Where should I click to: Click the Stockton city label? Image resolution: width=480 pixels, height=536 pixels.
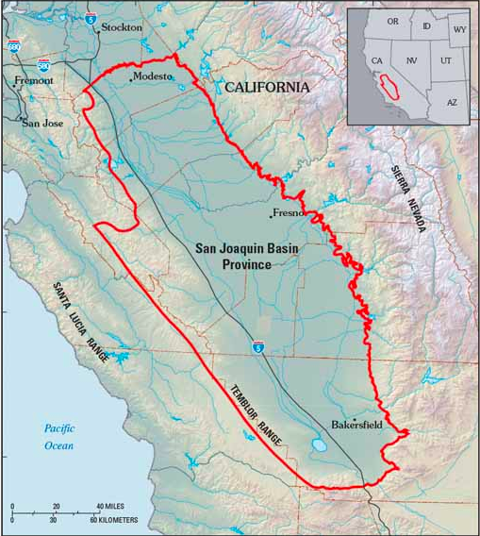(x=121, y=27)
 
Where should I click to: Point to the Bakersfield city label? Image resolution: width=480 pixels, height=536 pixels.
(x=357, y=425)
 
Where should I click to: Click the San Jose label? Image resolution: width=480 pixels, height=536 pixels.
(x=41, y=123)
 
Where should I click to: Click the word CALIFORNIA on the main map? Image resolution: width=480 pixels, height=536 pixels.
(x=267, y=87)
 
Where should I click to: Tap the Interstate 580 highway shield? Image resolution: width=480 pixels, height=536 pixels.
(x=44, y=63)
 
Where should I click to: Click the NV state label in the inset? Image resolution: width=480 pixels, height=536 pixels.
(x=411, y=59)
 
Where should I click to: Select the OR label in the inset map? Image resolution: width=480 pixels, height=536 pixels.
(x=392, y=22)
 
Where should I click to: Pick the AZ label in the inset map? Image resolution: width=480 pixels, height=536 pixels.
(x=452, y=101)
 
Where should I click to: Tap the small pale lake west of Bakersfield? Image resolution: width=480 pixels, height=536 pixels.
(x=317, y=444)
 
